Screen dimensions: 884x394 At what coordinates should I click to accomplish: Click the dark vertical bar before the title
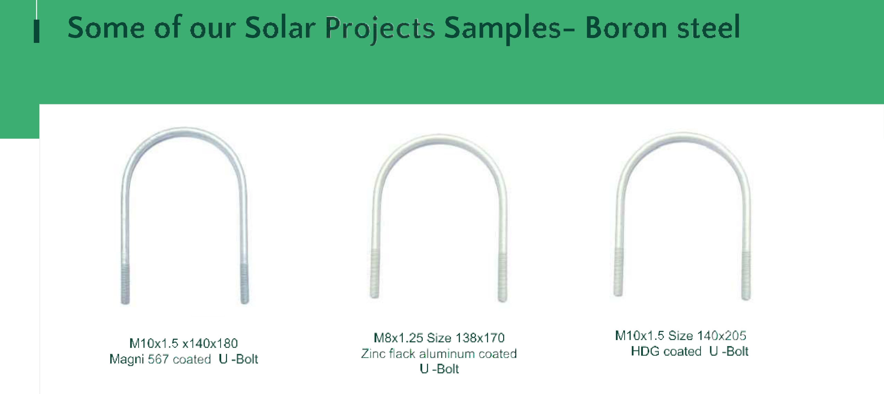click(x=36, y=32)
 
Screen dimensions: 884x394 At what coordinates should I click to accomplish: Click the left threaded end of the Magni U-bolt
click(x=125, y=284)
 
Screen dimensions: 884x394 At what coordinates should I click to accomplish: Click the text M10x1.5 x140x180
click(x=184, y=343)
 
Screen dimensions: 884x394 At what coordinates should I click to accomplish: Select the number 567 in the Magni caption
click(x=158, y=359)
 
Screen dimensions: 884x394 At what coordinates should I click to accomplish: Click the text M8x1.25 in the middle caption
click(x=398, y=338)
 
